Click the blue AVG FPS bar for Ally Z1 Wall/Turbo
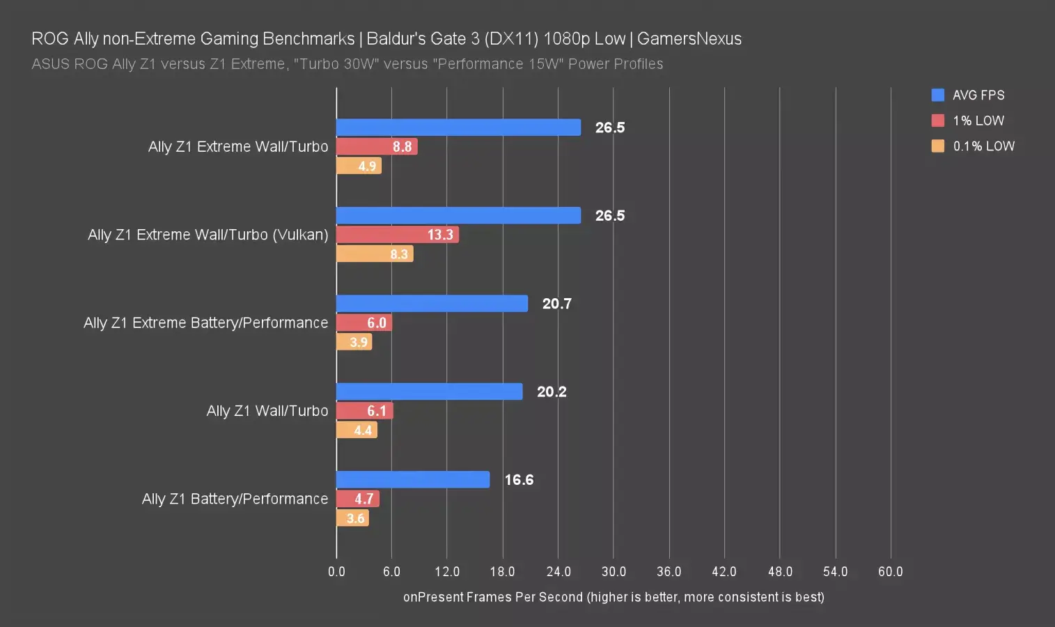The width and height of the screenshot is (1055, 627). pos(429,392)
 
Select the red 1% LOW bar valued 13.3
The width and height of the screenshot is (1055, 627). pos(397,235)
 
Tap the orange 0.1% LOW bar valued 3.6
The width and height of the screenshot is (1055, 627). pos(352,518)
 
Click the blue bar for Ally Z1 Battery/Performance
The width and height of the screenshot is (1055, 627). pos(412,479)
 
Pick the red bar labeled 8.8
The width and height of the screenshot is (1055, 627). pos(377,146)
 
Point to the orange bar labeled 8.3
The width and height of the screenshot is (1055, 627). pos(375,254)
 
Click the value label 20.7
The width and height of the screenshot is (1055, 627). pos(556,304)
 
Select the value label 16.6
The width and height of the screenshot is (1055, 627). pos(519,480)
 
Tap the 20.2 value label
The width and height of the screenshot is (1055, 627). pos(552,392)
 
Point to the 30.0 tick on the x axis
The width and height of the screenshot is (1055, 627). pos(614,572)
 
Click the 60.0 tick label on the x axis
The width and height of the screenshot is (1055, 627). pos(890,572)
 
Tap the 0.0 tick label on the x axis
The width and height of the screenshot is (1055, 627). pos(336,572)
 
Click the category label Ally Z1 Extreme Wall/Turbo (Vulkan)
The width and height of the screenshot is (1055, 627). pos(208,235)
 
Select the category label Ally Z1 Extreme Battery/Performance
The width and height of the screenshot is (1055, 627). pos(205,323)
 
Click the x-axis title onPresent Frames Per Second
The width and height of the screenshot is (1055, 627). pos(613,597)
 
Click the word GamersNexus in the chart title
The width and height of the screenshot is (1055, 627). pos(689,39)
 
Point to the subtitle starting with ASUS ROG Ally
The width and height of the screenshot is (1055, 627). pos(347,64)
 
